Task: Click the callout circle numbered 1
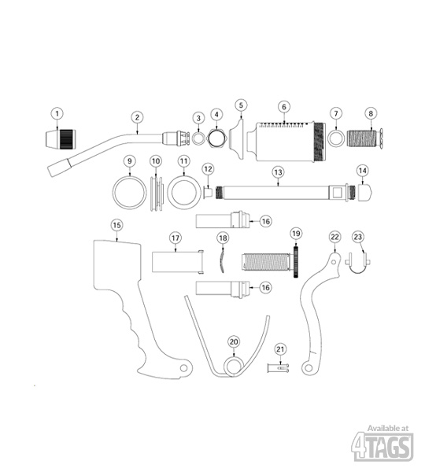click(57, 114)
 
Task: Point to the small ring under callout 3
click(198, 138)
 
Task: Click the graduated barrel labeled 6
click(286, 141)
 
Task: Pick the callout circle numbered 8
click(371, 113)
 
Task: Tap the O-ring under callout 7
click(336, 138)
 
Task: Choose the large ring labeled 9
click(130, 193)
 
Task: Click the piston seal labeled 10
click(157, 194)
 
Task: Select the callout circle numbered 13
click(278, 172)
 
